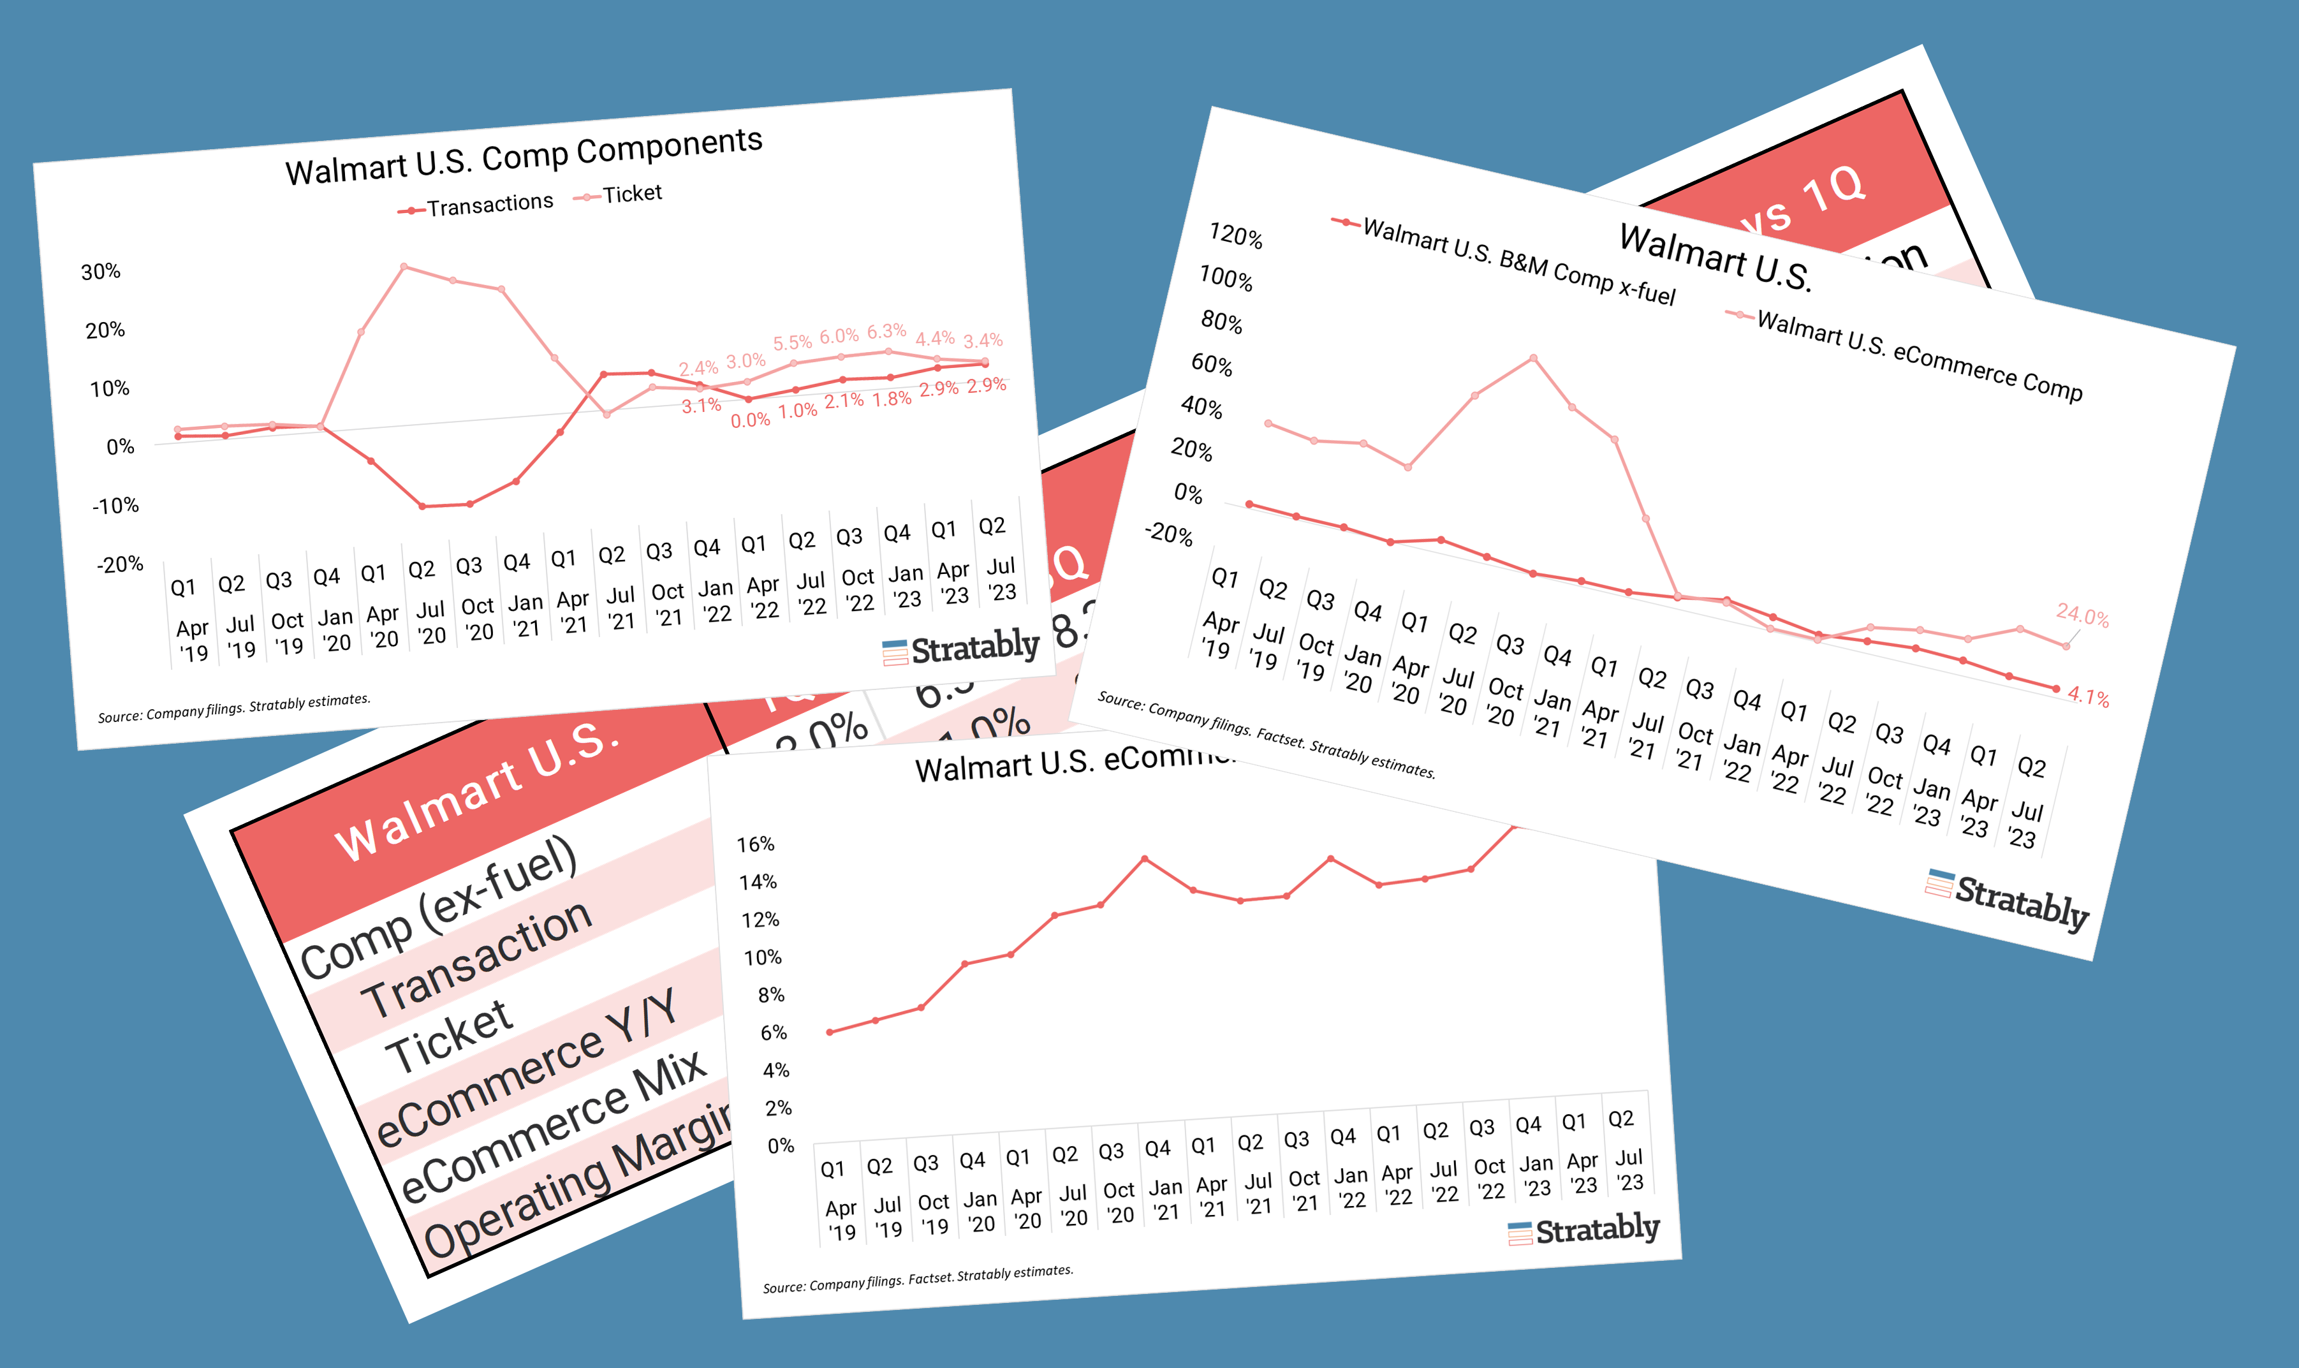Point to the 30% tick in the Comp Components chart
pyautogui.click(x=101, y=272)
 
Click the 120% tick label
pyautogui.click(x=1235, y=236)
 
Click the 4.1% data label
pyautogui.click(x=2088, y=697)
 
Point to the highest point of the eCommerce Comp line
pyautogui.click(x=1533, y=358)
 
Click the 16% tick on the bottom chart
pyautogui.click(x=755, y=844)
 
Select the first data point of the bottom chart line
pyautogui.click(x=830, y=1033)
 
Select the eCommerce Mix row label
pyautogui.click(x=553, y=1129)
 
